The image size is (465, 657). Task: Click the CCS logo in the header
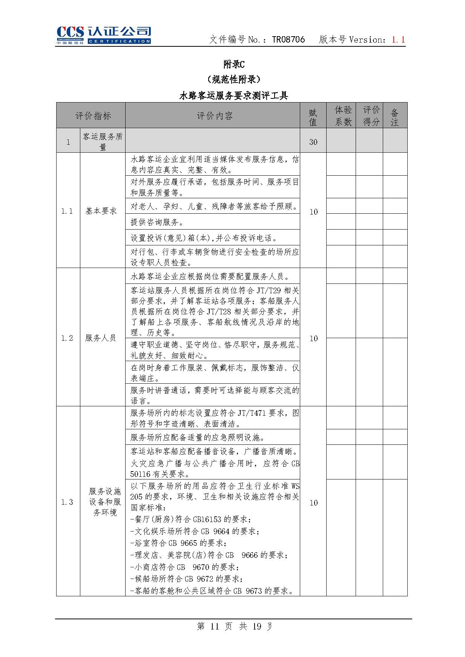(x=103, y=35)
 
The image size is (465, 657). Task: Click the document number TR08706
(x=288, y=40)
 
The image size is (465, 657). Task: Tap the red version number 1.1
(x=398, y=40)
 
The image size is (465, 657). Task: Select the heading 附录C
(x=234, y=64)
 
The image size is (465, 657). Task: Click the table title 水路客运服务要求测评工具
(x=233, y=96)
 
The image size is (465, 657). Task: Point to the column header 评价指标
(x=93, y=116)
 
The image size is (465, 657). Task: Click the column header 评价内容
(x=214, y=116)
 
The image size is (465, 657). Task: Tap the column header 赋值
(x=313, y=117)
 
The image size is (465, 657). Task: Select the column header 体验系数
(x=343, y=116)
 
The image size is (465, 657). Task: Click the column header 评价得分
(x=371, y=116)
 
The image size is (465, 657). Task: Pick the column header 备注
(x=394, y=117)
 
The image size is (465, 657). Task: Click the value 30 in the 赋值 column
(x=313, y=142)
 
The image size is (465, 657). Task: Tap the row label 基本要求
(x=101, y=211)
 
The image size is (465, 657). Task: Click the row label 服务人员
(x=100, y=338)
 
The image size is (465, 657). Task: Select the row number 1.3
(x=67, y=502)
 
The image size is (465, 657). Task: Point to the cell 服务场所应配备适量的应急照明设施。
(x=198, y=437)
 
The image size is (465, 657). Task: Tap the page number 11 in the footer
(x=215, y=626)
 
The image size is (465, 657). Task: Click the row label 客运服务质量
(x=103, y=142)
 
